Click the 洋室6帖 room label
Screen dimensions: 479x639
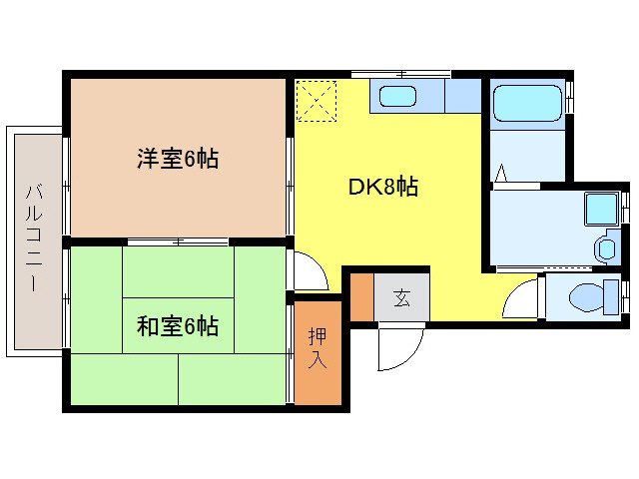pos(178,158)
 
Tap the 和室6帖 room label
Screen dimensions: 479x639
pos(178,325)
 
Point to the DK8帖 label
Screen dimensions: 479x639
pos(382,187)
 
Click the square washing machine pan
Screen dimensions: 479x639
pos(603,210)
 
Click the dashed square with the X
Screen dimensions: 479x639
pos(318,100)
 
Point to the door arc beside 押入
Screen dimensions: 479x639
pos(308,271)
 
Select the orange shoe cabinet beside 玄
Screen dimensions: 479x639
pos(361,295)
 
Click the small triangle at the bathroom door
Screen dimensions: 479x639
pos(501,175)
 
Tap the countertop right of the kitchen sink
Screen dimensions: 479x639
pos(463,97)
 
